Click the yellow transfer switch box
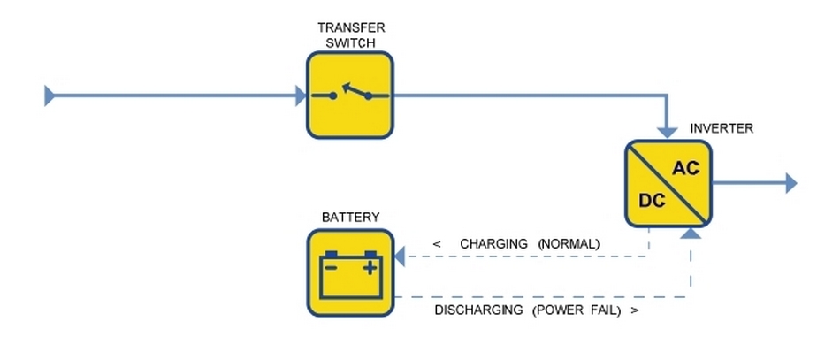(350, 95)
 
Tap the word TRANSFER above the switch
(351, 27)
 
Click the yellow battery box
(350, 272)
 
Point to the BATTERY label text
(350, 217)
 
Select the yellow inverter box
(668, 183)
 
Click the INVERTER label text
(722, 128)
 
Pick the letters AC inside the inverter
(686, 167)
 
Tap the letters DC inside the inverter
(652, 200)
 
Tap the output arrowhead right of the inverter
(790, 183)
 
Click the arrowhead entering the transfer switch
(302, 96)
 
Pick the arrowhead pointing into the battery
(399, 257)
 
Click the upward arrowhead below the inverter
(691, 233)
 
